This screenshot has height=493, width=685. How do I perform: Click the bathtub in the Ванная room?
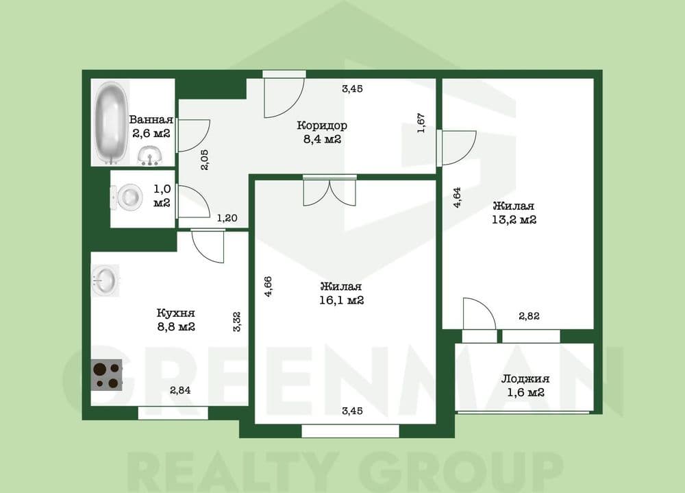[112, 122]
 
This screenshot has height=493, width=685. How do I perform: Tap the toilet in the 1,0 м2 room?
[127, 197]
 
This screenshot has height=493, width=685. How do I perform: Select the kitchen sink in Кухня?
[105, 280]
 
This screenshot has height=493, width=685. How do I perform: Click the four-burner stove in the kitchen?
[107, 375]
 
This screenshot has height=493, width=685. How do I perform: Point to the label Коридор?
[322, 125]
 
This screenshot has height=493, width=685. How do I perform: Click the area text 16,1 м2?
[342, 300]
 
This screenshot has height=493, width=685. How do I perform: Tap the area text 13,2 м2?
[514, 219]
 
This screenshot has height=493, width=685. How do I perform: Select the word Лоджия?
[525, 378]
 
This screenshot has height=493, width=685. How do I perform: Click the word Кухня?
[175, 313]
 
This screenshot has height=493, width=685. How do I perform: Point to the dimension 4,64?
[458, 197]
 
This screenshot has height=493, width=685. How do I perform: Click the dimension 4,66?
[269, 287]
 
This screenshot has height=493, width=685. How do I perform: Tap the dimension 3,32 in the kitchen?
[237, 322]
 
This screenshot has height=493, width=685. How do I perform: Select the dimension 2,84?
[180, 389]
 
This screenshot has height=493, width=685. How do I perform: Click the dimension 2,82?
[529, 316]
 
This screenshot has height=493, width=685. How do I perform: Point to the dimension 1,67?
[421, 123]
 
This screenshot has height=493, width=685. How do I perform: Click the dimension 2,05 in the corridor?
[206, 160]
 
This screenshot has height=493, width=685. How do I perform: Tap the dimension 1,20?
[227, 218]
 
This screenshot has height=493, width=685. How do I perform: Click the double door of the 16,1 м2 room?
[330, 191]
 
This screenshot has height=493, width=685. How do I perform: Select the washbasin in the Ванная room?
[150, 156]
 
